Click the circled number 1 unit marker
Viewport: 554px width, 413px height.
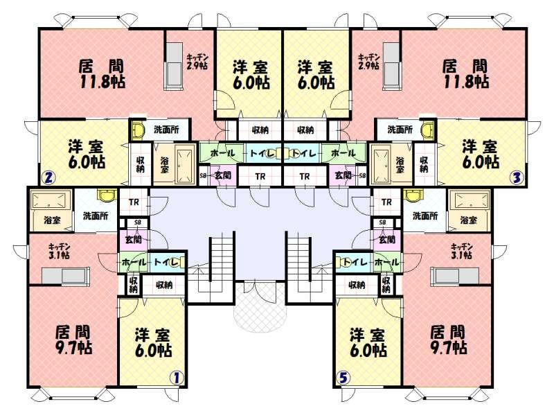tap(176, 378)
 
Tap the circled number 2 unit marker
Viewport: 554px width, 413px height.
tap(48, 177)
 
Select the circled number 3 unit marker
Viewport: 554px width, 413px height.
tap(516, 177)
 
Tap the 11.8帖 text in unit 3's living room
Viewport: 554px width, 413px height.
tap(465, 82)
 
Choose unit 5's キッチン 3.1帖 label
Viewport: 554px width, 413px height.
tap(461, 250)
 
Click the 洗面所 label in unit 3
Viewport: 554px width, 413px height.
tap(400, 130)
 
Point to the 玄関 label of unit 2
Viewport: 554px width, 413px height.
tap(222, 176)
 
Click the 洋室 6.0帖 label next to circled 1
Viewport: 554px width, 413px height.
tap(153, 342)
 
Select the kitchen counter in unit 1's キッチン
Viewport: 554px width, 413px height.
tap(62, 276)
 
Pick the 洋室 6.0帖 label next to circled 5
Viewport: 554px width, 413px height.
tap(368, 342)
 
